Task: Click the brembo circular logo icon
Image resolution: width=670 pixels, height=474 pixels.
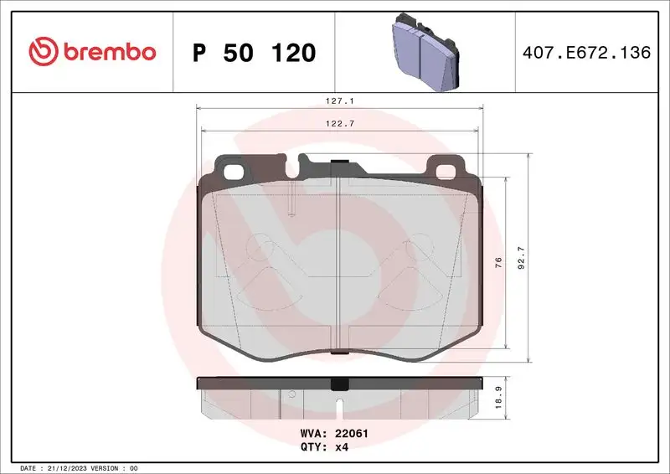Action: point(42,52)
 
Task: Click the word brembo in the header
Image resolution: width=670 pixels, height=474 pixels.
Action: point(106,52)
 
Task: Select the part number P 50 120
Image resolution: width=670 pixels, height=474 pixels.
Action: point(254,53)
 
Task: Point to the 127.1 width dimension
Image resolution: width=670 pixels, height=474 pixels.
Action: point(340,100)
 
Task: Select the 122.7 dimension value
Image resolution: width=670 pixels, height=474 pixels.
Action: point(340,124)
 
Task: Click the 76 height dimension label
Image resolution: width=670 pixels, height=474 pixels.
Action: point(498,262)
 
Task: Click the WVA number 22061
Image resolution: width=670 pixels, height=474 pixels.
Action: point(353,434)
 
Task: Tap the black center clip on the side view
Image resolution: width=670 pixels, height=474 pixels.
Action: point(339,384)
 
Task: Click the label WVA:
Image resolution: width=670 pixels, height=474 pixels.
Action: point(313,434)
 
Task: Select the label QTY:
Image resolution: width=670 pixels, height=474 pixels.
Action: point(313,447)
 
